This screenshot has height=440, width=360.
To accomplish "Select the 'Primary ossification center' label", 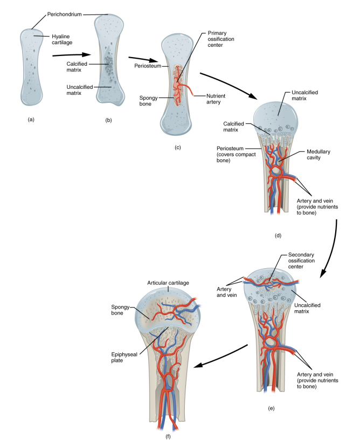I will (220, 40).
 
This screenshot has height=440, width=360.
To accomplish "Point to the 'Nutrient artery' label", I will (220, 100).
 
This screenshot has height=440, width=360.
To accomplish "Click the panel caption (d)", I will (278, 235).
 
